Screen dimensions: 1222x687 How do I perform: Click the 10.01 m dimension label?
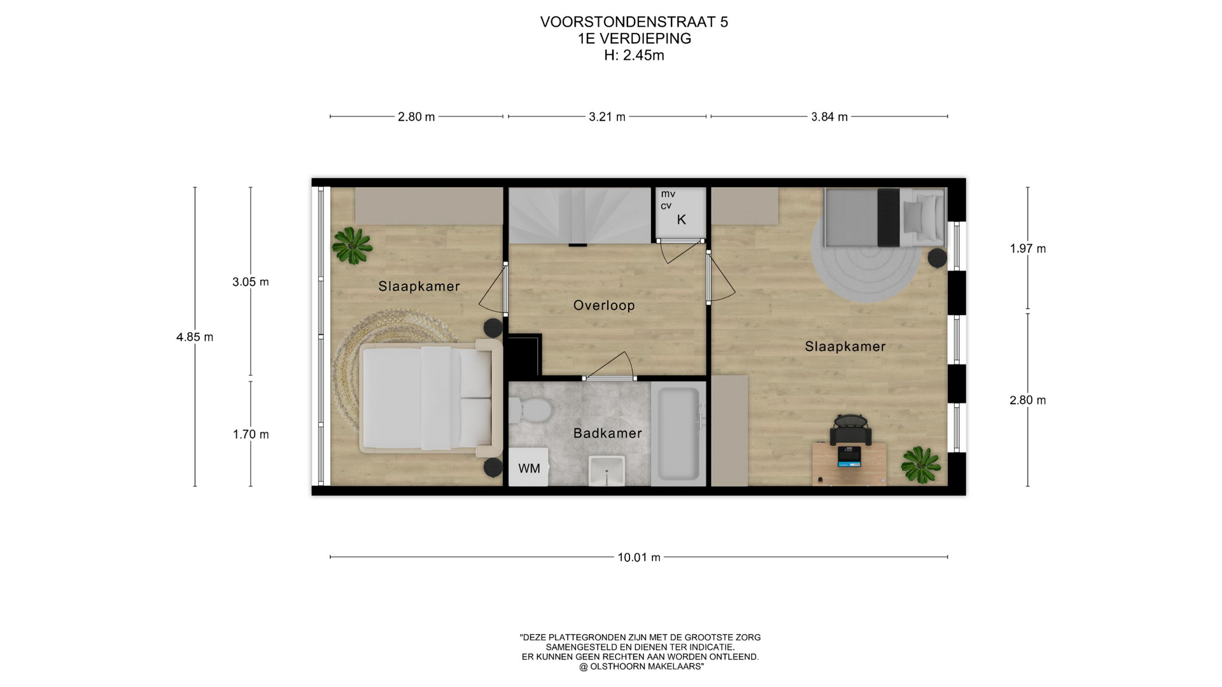pos(639,557)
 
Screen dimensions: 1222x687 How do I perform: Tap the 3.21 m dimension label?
pos(607,116)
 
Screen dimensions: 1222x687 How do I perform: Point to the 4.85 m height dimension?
pos(195,337)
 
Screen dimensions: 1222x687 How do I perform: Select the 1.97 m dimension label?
pos(1028,249)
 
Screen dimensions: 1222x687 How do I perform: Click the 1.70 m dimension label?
pos(251,434)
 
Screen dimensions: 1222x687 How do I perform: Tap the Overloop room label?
pos(604,305)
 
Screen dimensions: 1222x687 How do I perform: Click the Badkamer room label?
pos(607,433)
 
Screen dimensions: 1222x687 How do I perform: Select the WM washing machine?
pos(528,468)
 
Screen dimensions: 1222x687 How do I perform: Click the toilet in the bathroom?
pos(530,410)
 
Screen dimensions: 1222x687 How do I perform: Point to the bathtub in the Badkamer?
pos(678,434)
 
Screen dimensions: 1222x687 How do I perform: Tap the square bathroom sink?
pos(607,471)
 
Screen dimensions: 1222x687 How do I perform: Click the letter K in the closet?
pos(681,220)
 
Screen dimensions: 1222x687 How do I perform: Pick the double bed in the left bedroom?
pos(430,398)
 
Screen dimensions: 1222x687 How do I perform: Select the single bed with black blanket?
pos(885,217)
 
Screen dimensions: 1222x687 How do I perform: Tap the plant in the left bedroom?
pos(352,245)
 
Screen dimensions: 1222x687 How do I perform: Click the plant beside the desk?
pos(921,464)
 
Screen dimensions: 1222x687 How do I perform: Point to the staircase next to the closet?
pos(580,216)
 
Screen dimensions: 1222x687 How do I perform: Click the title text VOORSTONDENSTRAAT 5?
pos(634,22)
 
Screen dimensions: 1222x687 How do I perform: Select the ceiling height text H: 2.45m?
pos(634,55)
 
